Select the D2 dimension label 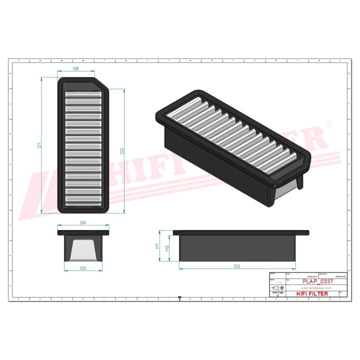[x=121, y=150]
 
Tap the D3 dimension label [x=237, y=266]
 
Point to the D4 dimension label [x=83, y=222]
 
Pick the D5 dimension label [x=83, y=268]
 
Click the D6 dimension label [x=76, y=69]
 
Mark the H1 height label [x=156, y=246]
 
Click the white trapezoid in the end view [x=83, y=249]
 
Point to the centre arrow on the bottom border [x=179, y=298]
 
